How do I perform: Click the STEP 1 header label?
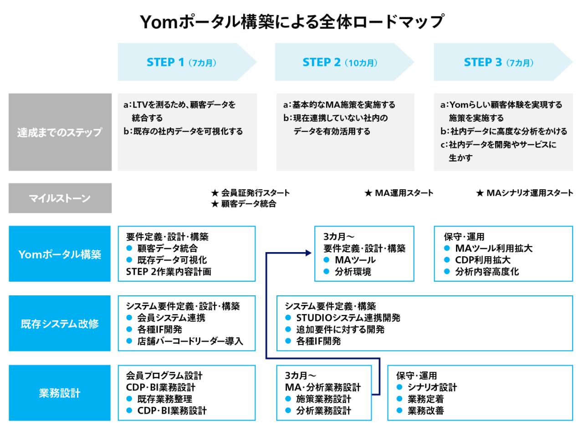pos(181,62)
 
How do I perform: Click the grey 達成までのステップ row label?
pos(60,132)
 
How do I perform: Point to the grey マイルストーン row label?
pos(60,198)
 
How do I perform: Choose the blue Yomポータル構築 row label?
pos(60,254)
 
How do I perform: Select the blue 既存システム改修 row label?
pos(60,324)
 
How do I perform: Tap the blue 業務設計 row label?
pos(60,393)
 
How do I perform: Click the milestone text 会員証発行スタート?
pos(255,193)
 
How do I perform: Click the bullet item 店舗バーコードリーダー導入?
pos(190,341)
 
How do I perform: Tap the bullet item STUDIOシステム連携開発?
pos(348,318)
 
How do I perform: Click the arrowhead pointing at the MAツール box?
pos(308,253)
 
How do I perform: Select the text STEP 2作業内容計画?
pos(168,272)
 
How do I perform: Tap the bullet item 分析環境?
pos(353,272)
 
